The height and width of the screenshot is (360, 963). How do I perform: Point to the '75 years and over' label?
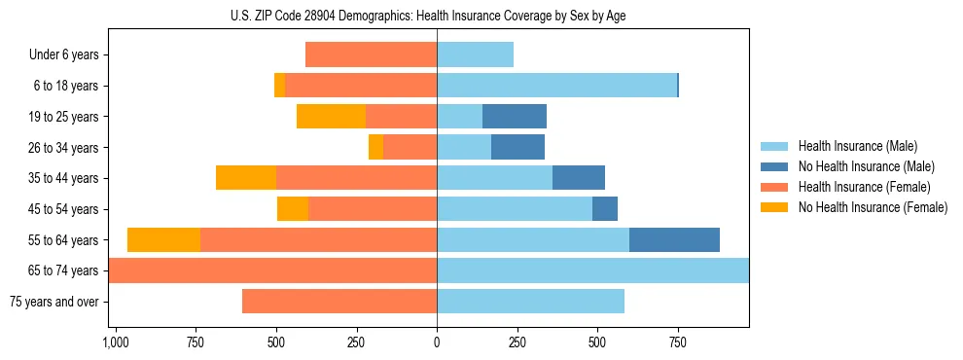tap(53, 302)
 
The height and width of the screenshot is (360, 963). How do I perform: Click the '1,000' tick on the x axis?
tap(116, 342)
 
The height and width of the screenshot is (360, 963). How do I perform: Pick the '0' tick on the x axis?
tap(437, 342)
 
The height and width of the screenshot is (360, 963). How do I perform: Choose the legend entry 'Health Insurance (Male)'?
tap(857, 146)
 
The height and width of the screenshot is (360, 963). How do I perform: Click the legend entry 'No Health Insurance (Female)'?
tap(873, 207)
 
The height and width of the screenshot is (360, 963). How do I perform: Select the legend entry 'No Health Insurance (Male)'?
tap(866, 166)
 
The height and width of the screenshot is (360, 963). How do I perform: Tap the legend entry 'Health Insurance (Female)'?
tap(864, 187)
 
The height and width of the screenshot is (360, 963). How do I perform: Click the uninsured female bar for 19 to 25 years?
tap(331, 117)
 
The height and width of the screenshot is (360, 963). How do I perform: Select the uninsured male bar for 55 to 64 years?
tap(674, 239)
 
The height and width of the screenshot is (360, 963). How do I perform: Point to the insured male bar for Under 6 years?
tap(475, 55)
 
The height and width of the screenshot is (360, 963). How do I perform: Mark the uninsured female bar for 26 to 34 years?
tap(375, 147)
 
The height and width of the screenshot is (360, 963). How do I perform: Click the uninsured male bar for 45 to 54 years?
tap(605, 209)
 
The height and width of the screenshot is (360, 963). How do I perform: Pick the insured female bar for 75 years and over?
tap(339, 302)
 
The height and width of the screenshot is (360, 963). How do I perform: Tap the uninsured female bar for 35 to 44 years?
tap(246, 178)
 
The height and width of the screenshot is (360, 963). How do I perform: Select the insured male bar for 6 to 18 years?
tap(556, 86)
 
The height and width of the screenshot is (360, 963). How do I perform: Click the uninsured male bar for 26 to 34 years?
tap(517, 147)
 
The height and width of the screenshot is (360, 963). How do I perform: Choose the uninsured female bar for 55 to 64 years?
tap(163, 239)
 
